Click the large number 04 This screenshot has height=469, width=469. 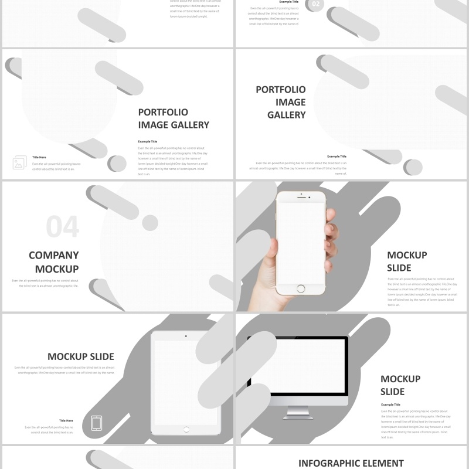point(62,227)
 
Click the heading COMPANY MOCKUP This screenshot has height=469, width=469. point(54,262)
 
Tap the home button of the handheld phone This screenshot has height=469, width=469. point(301,288)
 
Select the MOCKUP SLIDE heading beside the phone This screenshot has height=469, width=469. point(407,261)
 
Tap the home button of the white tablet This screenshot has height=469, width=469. point(186,430)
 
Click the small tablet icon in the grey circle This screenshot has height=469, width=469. point(97,422)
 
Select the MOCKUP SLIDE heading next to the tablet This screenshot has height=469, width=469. point(80,356)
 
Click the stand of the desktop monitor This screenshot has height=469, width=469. point(297,412)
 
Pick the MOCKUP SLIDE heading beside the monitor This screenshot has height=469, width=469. point(400,385)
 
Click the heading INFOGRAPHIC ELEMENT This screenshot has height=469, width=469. point(351,463)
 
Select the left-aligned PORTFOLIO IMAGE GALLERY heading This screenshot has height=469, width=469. point(174,118)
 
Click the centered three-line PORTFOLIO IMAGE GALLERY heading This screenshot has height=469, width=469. point(281,102)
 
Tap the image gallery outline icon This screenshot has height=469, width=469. point(19,163)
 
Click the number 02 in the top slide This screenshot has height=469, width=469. point(316,5)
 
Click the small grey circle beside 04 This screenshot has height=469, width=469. point(150,222)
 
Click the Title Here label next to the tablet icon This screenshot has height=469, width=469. point(66,420)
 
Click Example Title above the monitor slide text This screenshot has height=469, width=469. point(390,405)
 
